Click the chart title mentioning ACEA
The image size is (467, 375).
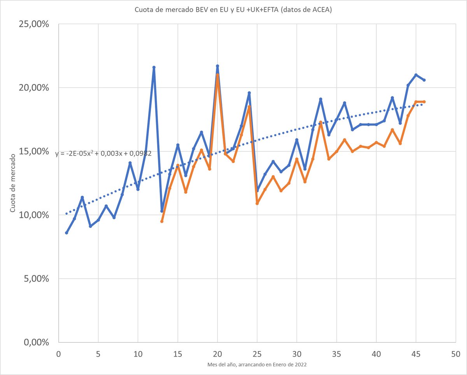point(233,10)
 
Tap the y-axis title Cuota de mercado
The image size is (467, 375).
point(13,183)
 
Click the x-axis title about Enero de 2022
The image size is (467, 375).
point(256,364)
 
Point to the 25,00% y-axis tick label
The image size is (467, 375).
point(34,24)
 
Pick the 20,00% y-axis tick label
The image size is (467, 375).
point(34,88)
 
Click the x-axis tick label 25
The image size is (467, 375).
point(257,354)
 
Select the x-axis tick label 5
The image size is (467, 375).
point(98,354)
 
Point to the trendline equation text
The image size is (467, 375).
point(103,153)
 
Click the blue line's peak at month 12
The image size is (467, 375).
point(154,67)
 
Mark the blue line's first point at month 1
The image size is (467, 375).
point(67,233)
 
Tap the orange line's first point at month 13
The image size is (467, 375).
point(162,221)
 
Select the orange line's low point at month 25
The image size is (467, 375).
point(257,203)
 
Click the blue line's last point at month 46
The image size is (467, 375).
point(424,80)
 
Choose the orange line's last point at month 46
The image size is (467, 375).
point(424,102)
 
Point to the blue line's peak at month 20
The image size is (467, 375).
point(218,66)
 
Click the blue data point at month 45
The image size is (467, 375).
point(416,75)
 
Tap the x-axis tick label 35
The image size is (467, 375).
point(336,354)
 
